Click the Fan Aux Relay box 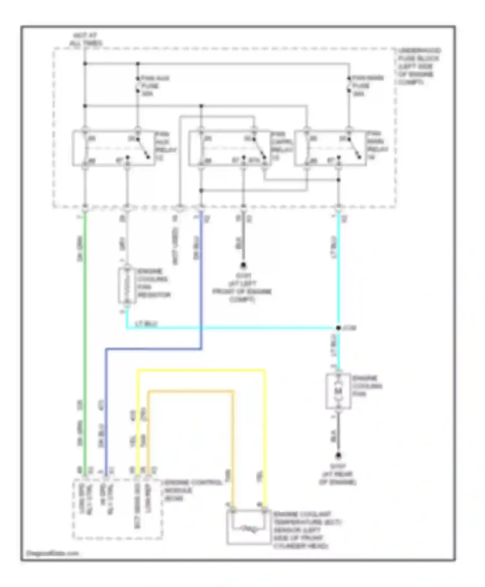[x=113, y=148]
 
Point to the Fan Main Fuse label [x=367, y=86]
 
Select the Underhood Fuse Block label [x=419, y=66]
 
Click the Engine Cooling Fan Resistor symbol [x=127, y=285]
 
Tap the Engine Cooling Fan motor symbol [x=338, y=391]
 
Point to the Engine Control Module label [x=193, y=491]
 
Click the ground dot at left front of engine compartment [x=243, y=265]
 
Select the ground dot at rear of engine [x=338, y=456]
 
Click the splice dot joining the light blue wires [x=338, y=328]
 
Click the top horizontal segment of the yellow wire [x=200, y=370]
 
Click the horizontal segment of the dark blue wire [x=154, y=349]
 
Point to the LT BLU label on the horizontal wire [x=145, y=324]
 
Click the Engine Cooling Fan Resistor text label [x=153, y=283]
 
